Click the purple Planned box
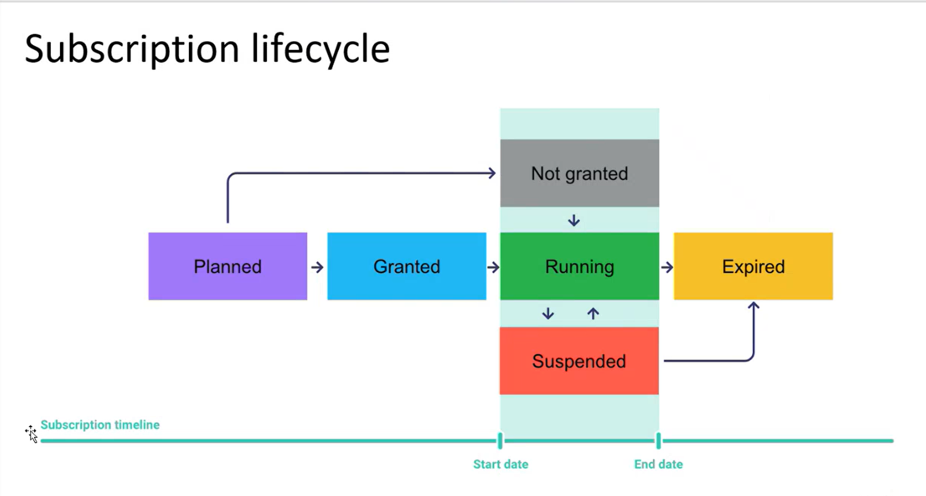(228, 266)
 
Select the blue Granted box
(407, 266)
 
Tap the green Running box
(579, 266)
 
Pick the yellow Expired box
(753, 266)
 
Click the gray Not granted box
(579, 173)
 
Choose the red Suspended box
(579, 361)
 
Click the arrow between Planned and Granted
(317, 267)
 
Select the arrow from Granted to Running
(493, 267)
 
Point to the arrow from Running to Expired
(667, 267)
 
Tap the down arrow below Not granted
(574, 220)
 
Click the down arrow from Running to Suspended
(548, 313)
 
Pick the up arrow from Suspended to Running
(593, 313)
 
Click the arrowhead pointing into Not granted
(492, 173)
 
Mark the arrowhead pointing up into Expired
(753, 306)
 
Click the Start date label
(500, 464)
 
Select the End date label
(658, 464)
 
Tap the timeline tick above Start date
(500, 441)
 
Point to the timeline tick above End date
(658, 441)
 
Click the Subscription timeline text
(100, 425)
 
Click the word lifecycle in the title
(321, 49)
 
